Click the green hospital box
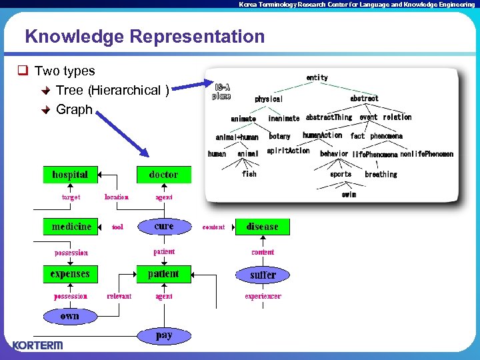(x=70, y=175)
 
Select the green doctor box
(x=164, y=175)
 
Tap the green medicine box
(x=71, y=227)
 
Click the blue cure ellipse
(x=164, y=227)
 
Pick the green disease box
(x=263, y=227)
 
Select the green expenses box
(x=70, y=274)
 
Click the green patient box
(x=164, y=274)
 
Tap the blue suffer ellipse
(x=263, y=275)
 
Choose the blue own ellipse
(x=70, y=316)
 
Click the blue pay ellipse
(x=164, y=335)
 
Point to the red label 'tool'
(x=117, y=227)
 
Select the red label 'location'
(x=117, y=197)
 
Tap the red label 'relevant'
(x=119, y=296)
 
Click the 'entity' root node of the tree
(x=317, y=78)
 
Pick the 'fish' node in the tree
(x=249, y=174)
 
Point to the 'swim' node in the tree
(x=349, y=195)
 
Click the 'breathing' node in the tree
(x=381, y=175)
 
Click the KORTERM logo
(x=37, y=345)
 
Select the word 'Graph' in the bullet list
(x=74, y=109)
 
